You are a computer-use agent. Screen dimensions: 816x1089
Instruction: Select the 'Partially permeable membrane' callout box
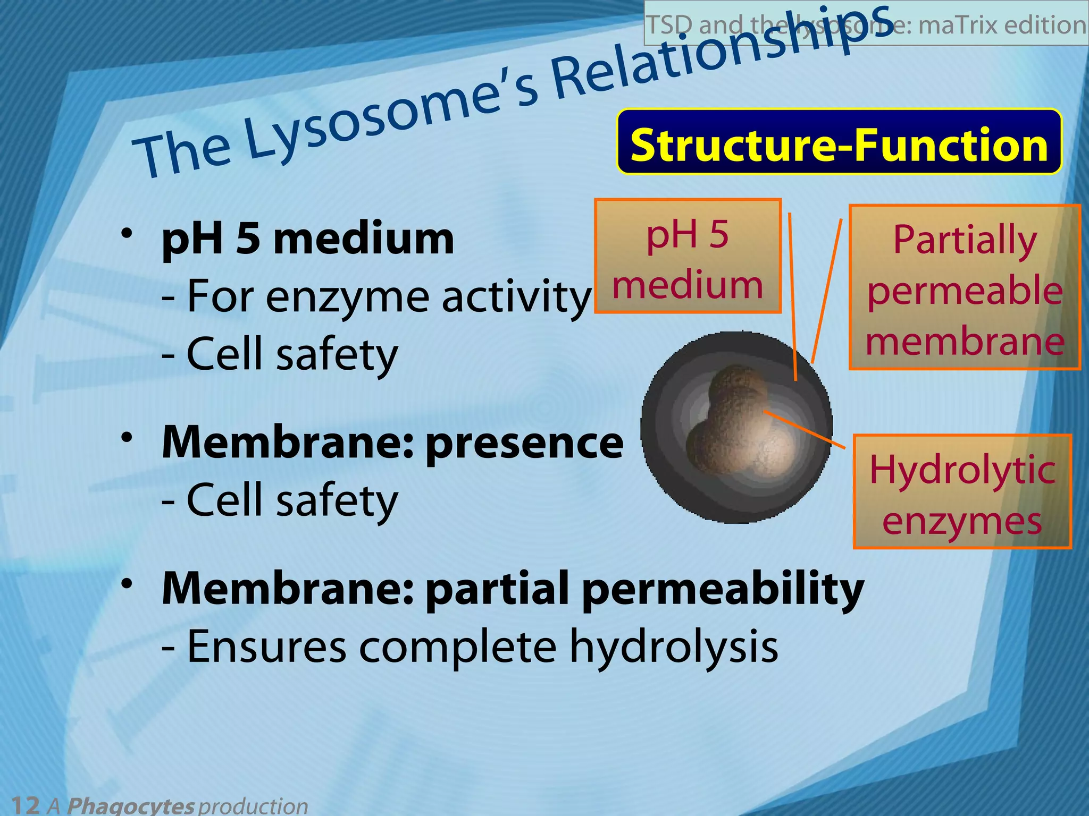pyautogui.click(x=964, y=287)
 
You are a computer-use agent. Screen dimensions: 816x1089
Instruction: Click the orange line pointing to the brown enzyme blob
pyautogui.click(x=806, y=429)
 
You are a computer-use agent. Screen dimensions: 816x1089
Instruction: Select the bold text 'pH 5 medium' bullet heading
pyautogui.click(x=308, y=239)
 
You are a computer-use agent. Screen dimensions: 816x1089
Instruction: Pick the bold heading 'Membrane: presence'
pyautogui.click(x=392, y=443)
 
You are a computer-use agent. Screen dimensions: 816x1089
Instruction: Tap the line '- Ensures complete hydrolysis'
pyautogui.click(x=470, y=647)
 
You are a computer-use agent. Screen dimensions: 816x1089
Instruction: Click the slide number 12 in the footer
pyautogui.click(x=25, y=805)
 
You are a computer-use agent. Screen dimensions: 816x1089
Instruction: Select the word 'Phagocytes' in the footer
pyautogui.click(x=130, y=805)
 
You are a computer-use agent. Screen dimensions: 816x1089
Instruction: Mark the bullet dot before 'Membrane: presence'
pyautogui.click(x=126, y=437)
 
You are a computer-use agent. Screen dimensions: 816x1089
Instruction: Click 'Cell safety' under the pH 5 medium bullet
pyautogui.click(x=291, y=354)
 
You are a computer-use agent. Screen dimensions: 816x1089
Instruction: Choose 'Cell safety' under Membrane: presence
pyautogui.click(x=291, y=500)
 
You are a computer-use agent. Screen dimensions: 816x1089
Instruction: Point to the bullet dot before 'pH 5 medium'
pyautogui.click(x=126, y=233)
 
